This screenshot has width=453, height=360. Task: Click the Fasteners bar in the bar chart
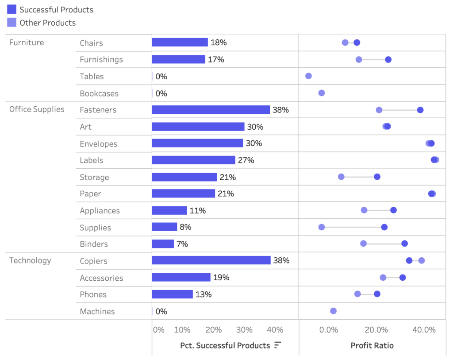point(211,110)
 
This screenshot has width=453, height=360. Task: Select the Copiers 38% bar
point(211,260)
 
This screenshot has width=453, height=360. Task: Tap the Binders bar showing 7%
point(163,244)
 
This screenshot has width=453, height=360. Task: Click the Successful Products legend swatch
point(12,9)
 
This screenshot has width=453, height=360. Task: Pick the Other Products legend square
point(12,23)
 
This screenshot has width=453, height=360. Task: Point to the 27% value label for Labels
point(246,160)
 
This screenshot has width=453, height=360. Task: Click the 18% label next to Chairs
point(219,43)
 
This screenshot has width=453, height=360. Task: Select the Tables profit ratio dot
point(308,76)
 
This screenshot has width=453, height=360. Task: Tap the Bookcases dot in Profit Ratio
point(322,93)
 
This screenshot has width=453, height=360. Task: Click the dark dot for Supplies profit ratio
point(384,227)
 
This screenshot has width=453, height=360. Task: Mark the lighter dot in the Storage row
point(341,177)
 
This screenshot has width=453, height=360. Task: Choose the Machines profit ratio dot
point(333,311)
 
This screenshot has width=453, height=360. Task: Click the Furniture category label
point(27,43)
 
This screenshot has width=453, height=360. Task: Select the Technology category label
point(30,260)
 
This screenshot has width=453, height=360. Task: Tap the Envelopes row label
point(98,144)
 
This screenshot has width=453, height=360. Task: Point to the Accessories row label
point(101,278)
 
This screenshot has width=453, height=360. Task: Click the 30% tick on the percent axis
point(244,330)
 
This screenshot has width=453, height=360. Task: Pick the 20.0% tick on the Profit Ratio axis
point(376,330)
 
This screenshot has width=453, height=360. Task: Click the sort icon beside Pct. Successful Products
point(278,345)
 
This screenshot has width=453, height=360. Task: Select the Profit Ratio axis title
point(372,345)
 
